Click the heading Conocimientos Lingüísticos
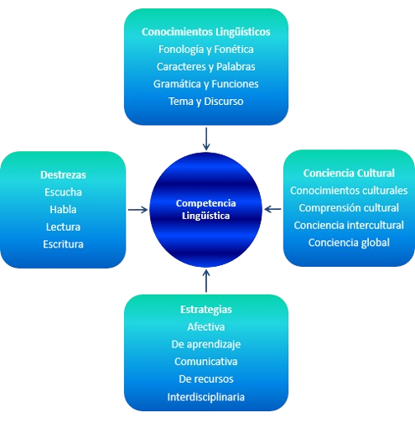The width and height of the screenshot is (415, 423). (x=206, y=32)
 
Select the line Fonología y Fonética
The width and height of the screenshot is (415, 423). (x=206, y=50)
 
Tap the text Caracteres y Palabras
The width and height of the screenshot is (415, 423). (x=206, y=67)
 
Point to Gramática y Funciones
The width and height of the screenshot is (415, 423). (x=206, y=84)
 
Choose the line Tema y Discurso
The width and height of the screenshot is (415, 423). (x=206, y=102)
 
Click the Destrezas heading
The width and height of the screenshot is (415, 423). (x=63, y=175)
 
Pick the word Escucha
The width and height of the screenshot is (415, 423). (x=63, y=192)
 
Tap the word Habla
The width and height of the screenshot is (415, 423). (x=63, y=210)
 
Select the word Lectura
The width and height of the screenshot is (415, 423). (x=63, y=227)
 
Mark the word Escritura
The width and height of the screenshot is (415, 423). (x=63, y=244)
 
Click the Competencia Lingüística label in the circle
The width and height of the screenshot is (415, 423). (x=206, y=210)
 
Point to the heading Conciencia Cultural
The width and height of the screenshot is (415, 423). (x=349, y=173)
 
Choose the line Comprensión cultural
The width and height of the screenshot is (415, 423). (x=349, y=208)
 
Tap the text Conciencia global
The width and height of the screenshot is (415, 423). (x=349, y=243)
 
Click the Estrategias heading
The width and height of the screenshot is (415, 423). (x=206, y=310)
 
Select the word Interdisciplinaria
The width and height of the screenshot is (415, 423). (x=206, y=397)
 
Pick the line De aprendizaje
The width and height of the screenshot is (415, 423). (x=206, y=344)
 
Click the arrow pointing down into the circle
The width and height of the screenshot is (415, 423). (x=206, y=139)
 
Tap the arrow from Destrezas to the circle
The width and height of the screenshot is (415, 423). (x=137, y=210)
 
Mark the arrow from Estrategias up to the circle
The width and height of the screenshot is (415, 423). (x=206, y=280)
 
